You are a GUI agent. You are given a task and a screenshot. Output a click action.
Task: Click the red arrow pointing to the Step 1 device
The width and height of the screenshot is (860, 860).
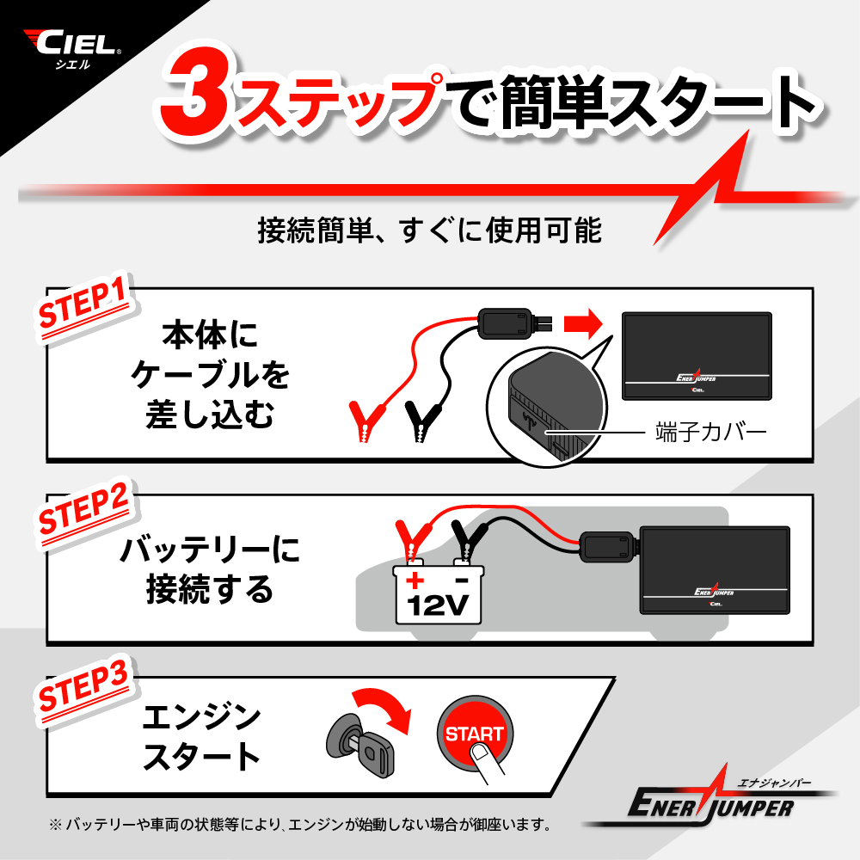[x=583, y=323]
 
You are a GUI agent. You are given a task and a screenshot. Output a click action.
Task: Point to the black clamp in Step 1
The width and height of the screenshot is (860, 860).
[x=422, y=421]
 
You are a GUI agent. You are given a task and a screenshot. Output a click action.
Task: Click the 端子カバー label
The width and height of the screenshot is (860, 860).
[x=711, y=433]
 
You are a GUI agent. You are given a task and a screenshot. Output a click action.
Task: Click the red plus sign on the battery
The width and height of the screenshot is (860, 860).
[x=415, y=580]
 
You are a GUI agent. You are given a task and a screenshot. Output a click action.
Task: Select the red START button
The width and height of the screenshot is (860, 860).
[x=475, y=734]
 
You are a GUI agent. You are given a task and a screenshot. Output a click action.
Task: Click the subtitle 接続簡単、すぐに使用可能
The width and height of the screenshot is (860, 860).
[x=430, y=230]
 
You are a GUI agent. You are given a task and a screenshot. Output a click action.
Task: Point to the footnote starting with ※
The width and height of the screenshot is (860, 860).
[x=300, y=825]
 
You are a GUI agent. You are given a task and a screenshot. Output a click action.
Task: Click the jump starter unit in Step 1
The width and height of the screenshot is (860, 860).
[x=697, y=356]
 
